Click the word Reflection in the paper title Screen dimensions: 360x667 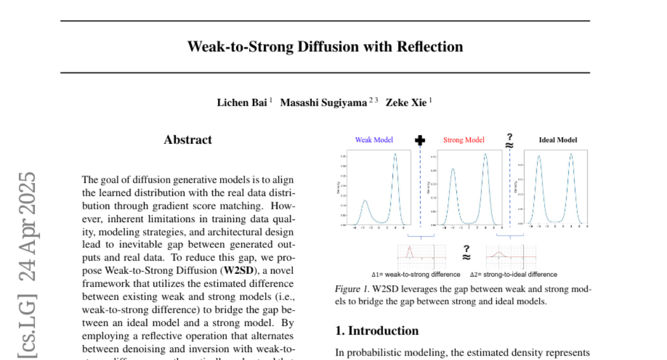click(x=429, y=47)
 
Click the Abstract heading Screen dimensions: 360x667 click(x=188, y=140)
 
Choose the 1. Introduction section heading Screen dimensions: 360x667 click(x=377, y=331)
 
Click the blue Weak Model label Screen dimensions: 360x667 click(x=374, y=140)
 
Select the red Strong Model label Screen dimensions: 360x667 click(x=464, y=140)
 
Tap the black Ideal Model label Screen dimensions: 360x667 click(x=558, y=140)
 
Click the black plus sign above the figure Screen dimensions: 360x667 click(x=420, y=140)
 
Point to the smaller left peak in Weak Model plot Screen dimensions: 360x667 click(x=365, y=201)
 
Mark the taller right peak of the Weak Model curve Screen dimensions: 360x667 click(x=395, y=155)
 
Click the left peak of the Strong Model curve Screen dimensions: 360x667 click(x=452, y=169)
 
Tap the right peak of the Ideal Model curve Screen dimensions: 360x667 click(x=571, y=154)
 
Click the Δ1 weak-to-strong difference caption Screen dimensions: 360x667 click(x=416, y=274)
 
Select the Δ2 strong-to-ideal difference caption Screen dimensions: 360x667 click(x=513, y=274)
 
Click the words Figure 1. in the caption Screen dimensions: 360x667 click(x=352, y=289)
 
